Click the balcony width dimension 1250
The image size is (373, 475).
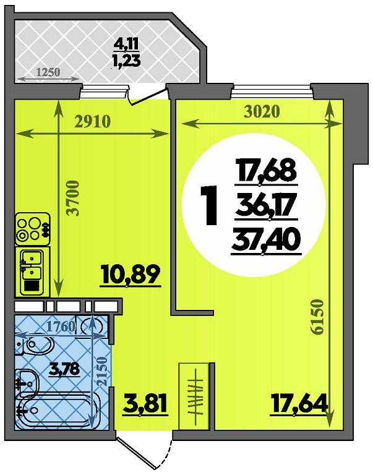[x=48, y=72]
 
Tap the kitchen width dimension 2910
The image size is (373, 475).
[x=92, y=122]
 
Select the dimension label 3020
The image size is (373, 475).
[x=261, y=112]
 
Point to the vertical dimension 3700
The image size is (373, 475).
[x=74, y=198]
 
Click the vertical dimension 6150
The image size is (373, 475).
[x=317, y=317]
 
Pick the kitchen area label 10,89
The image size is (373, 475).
[x=131, y=275]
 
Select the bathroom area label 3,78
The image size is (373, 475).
[x=64, y=369]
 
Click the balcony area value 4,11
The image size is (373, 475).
[x=126, y=45]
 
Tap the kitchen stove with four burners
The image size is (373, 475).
[x=32, y=229]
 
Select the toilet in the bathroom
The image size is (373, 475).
[x=35, y=346]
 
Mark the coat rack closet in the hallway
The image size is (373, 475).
[x=194, y=396]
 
